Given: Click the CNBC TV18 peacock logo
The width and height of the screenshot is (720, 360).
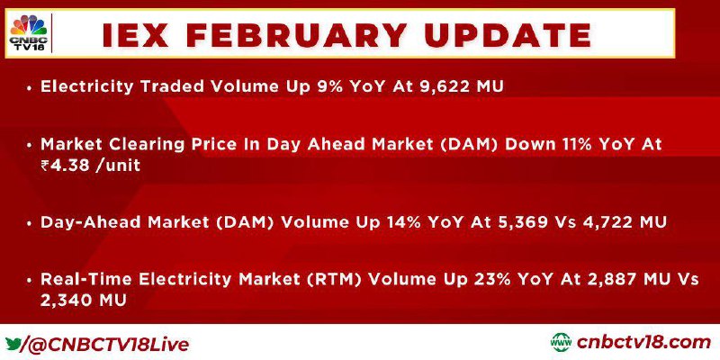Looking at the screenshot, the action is tap(28, 32).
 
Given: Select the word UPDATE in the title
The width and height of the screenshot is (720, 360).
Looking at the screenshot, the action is tap(508, 35).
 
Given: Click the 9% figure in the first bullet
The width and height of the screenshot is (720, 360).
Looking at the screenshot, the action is tap(328, 86).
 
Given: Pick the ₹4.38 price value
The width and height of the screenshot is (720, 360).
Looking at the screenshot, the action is tap(65, 165).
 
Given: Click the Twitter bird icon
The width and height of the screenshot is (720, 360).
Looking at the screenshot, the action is tap(13, 344).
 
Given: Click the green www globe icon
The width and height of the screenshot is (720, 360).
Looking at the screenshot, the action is tap(561, 343).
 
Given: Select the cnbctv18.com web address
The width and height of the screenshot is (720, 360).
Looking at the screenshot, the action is tap(643, 343).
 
